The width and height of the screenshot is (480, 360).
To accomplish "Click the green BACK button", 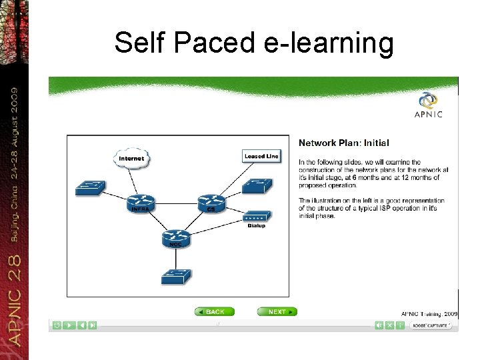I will coord(214,311).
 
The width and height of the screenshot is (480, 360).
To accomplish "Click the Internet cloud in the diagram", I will coord(131,158).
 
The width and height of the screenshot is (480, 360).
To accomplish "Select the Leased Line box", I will coord(261,156).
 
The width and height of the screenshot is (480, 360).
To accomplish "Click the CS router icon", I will coord(211,203).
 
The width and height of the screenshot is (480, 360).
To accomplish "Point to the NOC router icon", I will coord(175,237).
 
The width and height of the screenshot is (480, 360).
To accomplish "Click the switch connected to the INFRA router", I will coord(90,188).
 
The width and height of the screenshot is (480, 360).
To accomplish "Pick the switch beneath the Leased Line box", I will coord(257,186).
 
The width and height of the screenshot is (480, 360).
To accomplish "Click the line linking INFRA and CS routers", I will coord(176,202).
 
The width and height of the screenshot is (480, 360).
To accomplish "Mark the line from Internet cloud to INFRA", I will coord(135,181).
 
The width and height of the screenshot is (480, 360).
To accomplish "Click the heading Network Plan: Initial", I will coord(343,143).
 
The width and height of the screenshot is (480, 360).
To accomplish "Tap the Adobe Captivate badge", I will coord(431,325).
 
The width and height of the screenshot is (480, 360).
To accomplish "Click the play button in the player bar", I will coord(69,325).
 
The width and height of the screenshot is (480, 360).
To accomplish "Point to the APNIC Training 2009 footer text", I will coord(429,313).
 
